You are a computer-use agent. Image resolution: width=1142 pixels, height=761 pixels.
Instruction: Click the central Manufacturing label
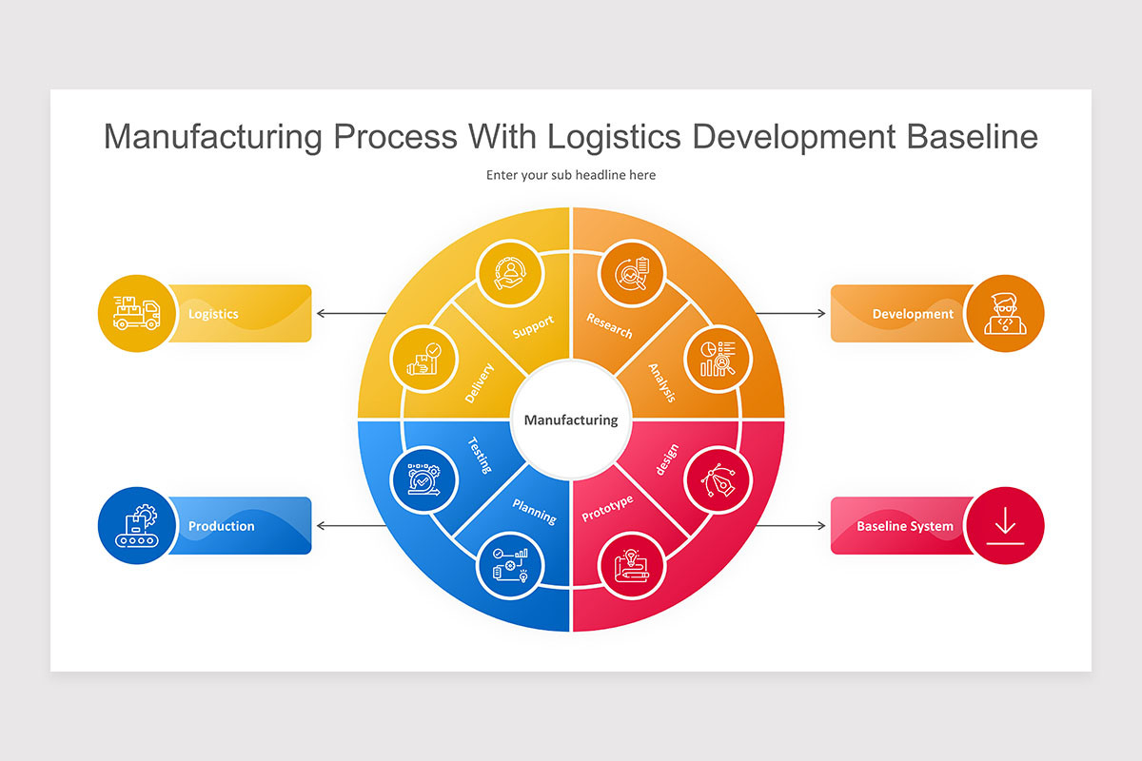(x=571, y=420)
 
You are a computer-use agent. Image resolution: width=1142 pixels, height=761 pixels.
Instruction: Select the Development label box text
(x=912, y=314)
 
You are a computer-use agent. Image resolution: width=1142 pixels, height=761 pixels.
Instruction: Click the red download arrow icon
(x=1004, y=526)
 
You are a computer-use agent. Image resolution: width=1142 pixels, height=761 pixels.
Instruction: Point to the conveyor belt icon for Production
(x=137, y=526)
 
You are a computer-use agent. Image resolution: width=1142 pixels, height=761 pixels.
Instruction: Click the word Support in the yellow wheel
(x=533, y=327)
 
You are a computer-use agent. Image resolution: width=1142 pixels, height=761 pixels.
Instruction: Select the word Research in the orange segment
(x=609, y=326)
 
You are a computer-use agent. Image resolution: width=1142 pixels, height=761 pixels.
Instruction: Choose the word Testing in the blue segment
(x=480, y=455)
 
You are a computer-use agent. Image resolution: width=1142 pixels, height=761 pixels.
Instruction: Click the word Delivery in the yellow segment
(x=480, y=383)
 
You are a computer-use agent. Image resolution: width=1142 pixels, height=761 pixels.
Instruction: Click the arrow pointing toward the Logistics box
(x=350, y=313)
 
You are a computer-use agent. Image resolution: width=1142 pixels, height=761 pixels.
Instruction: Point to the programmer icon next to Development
(x=1004, y=313)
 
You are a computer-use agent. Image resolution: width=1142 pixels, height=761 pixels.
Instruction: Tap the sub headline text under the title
(x=571, y=175)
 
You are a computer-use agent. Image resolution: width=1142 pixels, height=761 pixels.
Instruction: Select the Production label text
(x=221, y=526)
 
